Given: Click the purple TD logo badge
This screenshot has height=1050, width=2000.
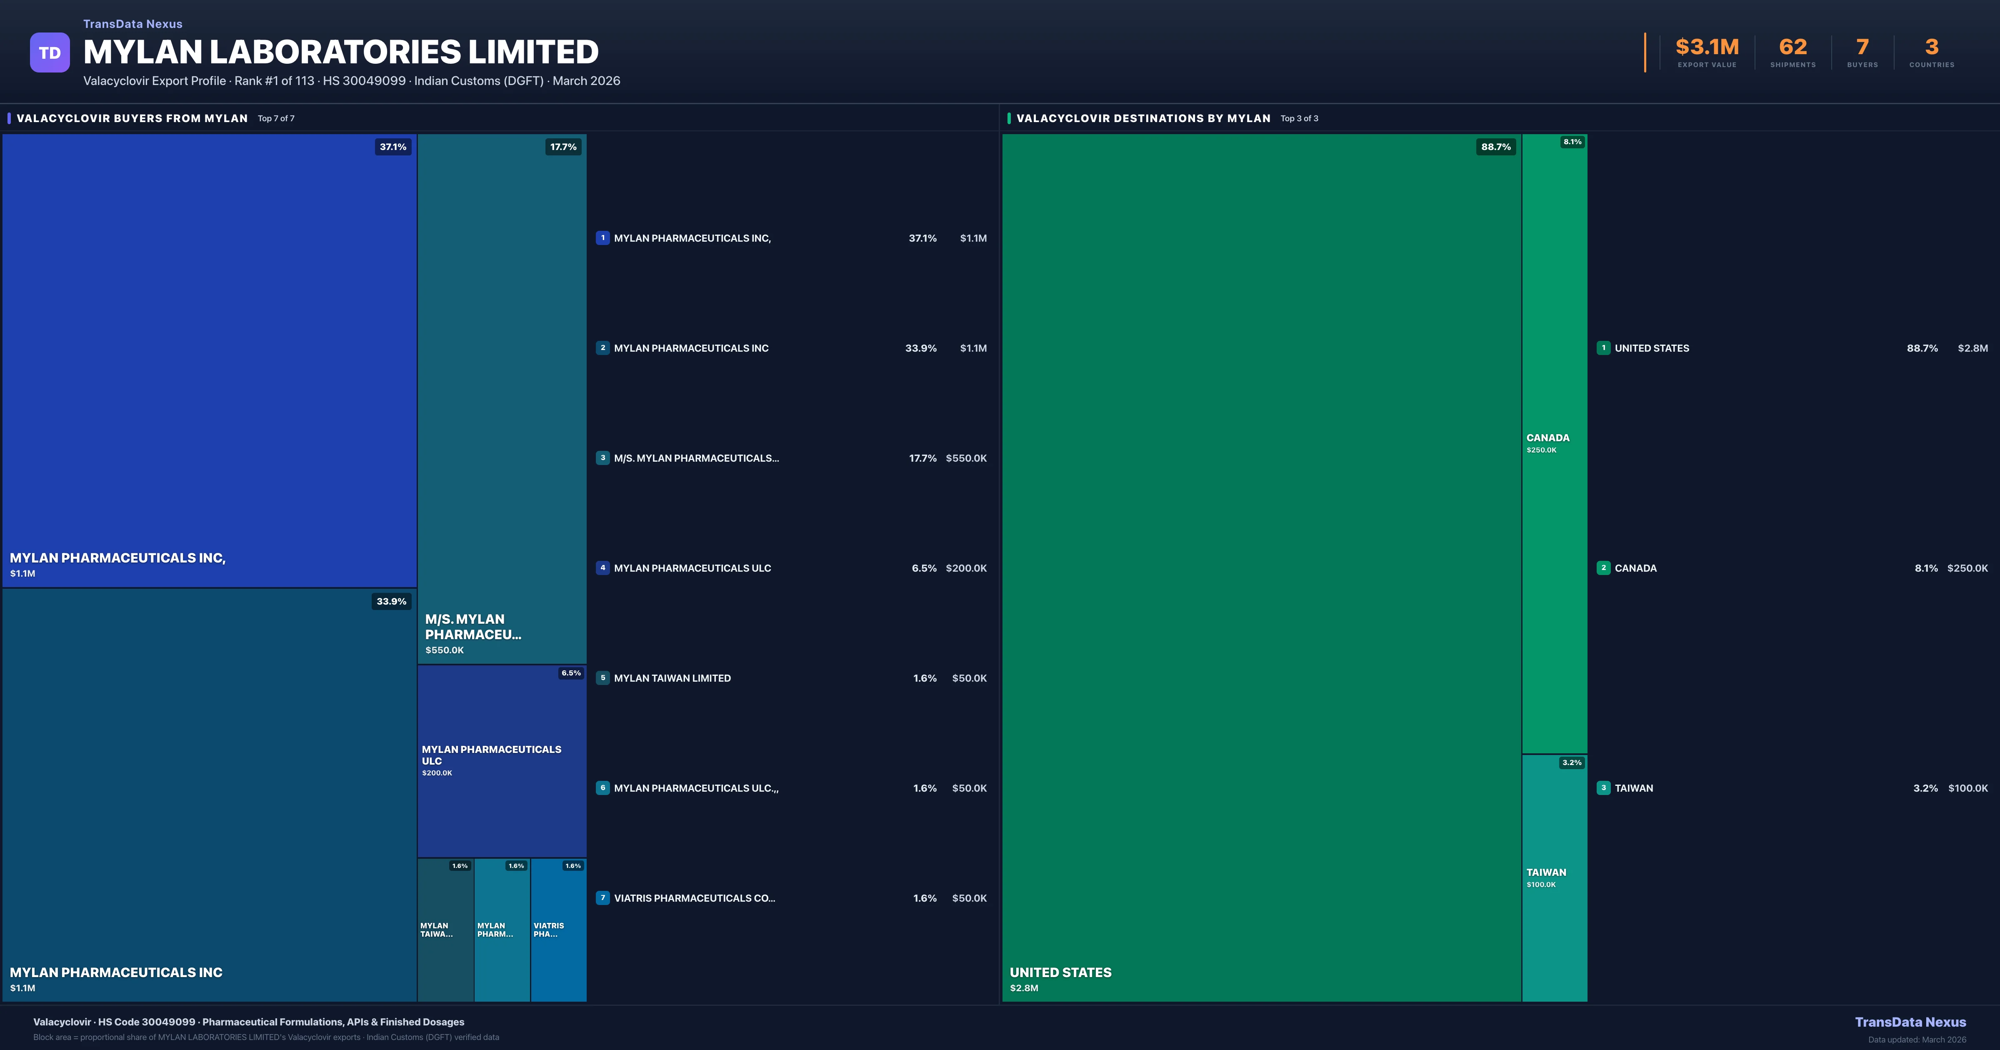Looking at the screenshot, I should coord(50,53).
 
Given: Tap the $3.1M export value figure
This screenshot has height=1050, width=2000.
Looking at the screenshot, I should coord(1707,47).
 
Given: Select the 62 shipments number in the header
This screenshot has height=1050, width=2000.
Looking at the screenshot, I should coord(1792,47).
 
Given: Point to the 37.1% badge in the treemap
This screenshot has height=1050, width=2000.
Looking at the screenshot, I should coord(393,147).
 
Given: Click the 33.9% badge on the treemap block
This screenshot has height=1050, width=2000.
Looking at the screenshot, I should coord(391,601).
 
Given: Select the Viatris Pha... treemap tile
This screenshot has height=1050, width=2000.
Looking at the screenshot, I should coord(558,930).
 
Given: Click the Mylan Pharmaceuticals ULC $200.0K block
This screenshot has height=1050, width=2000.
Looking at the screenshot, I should coord(502,761).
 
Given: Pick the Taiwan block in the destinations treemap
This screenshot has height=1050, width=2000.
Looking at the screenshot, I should coord(1554,877).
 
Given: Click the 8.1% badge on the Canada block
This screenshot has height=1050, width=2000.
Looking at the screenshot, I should coord(1572,142).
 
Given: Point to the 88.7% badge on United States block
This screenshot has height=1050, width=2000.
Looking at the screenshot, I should coord(1495,147).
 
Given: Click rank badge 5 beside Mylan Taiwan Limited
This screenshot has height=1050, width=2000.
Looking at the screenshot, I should coord(602,678).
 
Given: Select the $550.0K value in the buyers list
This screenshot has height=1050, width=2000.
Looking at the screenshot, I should coord(966,458).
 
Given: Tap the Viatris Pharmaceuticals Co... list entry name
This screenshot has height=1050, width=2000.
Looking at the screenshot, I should coord(694,898).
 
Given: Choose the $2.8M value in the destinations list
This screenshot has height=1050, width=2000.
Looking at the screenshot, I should coord(1972,348).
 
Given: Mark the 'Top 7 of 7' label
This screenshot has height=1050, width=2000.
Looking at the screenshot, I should coord(276,119).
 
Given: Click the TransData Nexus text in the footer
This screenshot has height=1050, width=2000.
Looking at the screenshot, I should coord(1910,1022).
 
